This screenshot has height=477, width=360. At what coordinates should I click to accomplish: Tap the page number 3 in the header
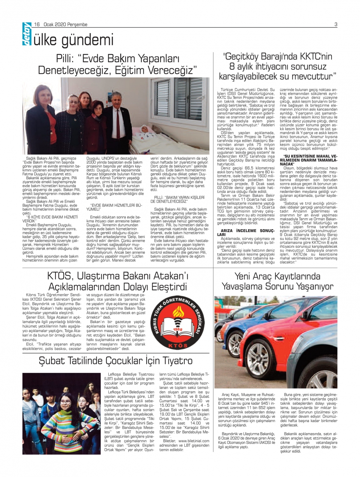click(x=336, y=24)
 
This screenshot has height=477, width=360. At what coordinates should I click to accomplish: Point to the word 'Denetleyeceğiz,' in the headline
click(x=76, y=70)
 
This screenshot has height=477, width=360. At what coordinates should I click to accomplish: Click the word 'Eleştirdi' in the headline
click(x=169, y=287)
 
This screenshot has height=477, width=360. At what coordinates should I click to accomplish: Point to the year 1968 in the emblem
click(x=178, y=330)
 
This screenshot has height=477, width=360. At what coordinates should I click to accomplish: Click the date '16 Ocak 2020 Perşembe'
click(x=61, y=24)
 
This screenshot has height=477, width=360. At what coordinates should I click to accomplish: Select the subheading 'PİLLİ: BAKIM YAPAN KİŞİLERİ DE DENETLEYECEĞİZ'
click(x=179, y=199)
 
